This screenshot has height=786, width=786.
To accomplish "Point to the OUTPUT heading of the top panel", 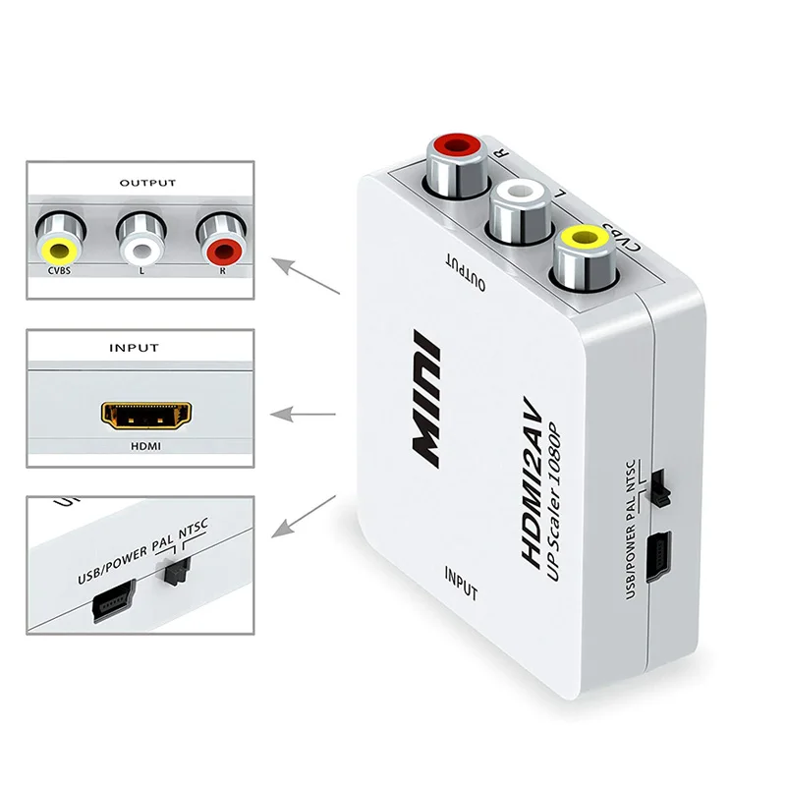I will tap(147, 183).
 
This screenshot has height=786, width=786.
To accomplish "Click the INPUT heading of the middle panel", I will tap(137, 348).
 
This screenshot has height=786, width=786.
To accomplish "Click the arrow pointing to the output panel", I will tap(306, 277).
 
